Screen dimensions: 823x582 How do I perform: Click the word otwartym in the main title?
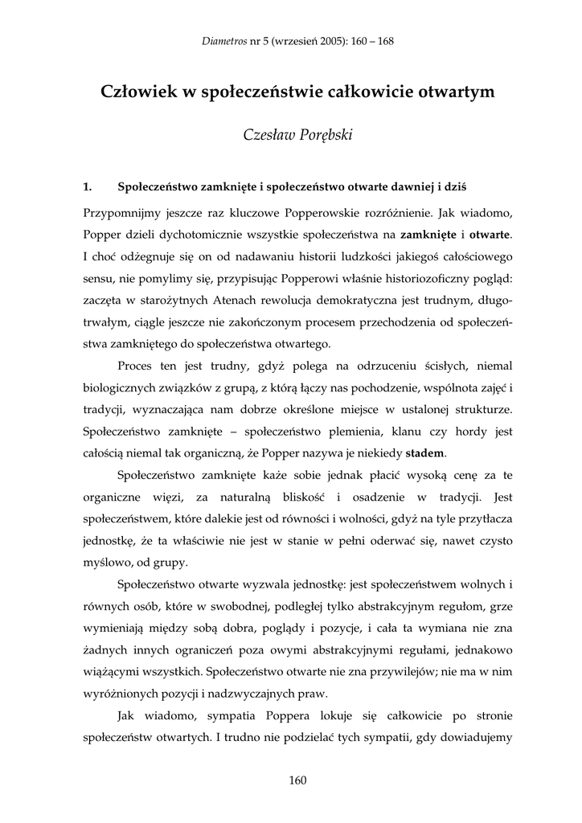[x=449, y=92]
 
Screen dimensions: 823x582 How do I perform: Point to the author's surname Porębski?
[x=322, y=134]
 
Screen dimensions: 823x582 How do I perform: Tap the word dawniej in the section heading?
[x=408, y=187]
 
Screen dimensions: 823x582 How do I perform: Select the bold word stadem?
[x=424, y=453]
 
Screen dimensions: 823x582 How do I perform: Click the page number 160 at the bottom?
[x=297, y=780]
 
